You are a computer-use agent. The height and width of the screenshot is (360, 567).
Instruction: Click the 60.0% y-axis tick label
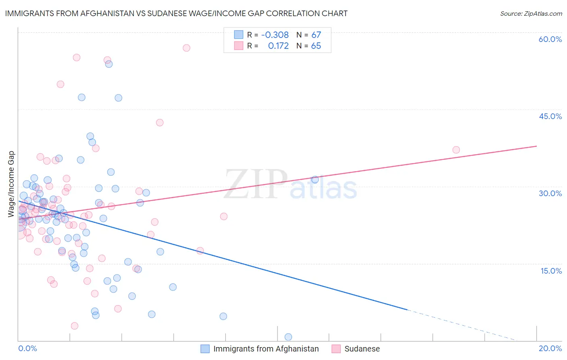click(x=550, y=39)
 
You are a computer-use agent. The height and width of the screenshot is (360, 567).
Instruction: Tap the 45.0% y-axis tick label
click(x=550, y=116)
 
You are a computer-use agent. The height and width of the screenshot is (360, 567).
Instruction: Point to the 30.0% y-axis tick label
click(x=550, y=193)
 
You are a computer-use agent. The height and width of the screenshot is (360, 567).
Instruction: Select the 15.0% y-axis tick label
click(x=551, y=271)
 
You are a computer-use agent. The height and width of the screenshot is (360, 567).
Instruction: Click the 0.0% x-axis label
click(x=27, y=349)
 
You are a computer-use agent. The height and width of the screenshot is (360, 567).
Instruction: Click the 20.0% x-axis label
click(x=550, y=349)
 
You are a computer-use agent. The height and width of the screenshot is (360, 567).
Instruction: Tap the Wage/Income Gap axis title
click(x=11, y=184)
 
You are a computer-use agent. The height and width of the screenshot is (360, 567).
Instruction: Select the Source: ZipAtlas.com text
click(x=531, y=13)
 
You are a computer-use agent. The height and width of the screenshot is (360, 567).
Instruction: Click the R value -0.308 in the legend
click(x=275, y=35)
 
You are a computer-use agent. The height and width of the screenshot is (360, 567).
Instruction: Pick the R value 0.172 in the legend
click(x=278, y=46)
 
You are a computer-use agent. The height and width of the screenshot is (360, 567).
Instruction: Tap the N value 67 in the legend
click(x=316, y=35)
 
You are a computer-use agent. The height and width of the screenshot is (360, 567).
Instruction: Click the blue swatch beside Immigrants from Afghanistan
click(x=205, y=349)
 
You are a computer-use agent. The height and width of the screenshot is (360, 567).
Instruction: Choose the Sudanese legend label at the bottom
click(x=362, y=349)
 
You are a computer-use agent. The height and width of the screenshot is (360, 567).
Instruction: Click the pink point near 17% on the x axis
click(x=456, y=150)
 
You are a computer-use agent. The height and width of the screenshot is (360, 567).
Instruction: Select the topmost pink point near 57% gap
click(x=186, y=48)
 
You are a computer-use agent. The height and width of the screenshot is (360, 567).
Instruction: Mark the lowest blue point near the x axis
click(x=288, y=337)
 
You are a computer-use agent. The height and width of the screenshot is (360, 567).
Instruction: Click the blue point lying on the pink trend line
click(x=315, y=180)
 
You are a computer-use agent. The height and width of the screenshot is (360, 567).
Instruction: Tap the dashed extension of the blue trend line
click(x=464, y=326)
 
